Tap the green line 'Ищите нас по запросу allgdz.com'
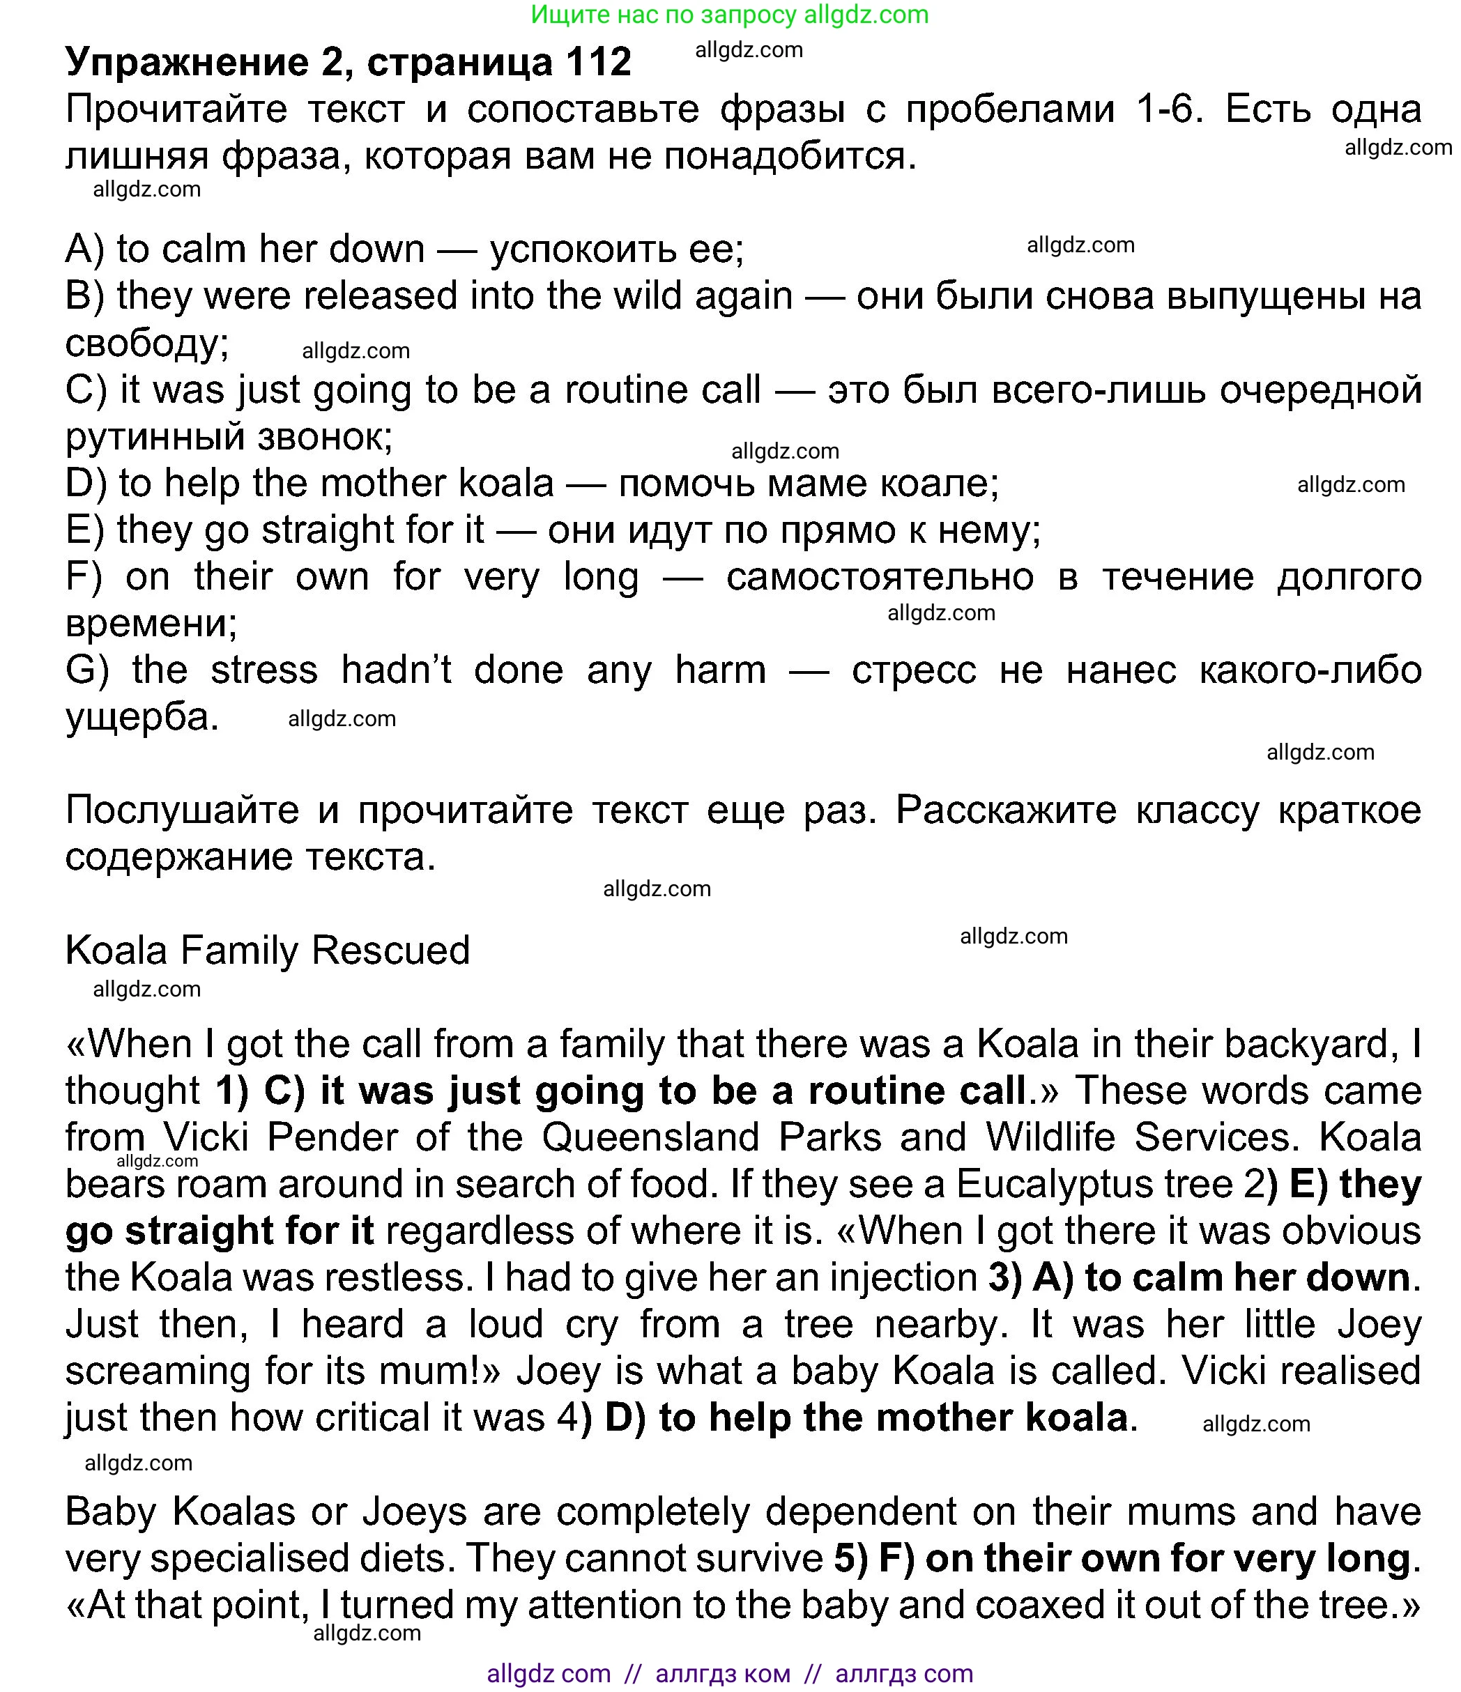pyautogui.click(x=729, y=15)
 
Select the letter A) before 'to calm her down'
pyautogui.click(x=85, y=249)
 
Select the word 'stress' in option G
pyautogui.click(x=263, y=670)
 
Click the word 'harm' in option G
pyautogui.click(x=720, y=670)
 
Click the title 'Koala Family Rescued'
pyautogui.click(x=267, y=951)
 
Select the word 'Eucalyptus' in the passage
pyautogui.click(x=1094, y=1184)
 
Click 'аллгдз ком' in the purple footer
pyautogui.click(x=723, y=1674)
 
